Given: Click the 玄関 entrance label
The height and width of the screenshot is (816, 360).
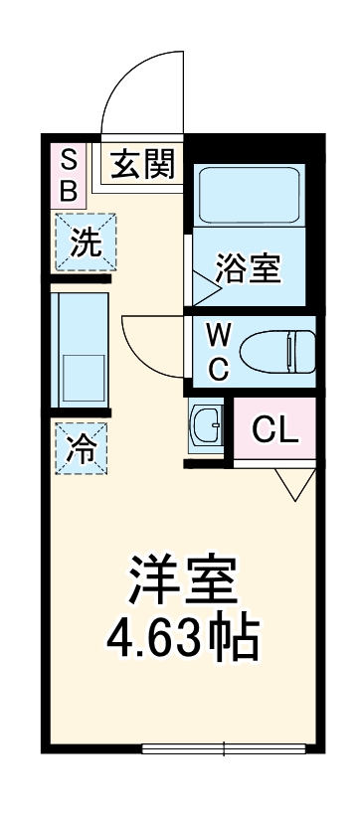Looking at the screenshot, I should [x=142, y=162].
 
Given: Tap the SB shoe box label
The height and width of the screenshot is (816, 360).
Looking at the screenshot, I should [x=68, y=175].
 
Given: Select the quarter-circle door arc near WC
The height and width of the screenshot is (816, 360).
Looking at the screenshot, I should [x=149, y=343].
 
